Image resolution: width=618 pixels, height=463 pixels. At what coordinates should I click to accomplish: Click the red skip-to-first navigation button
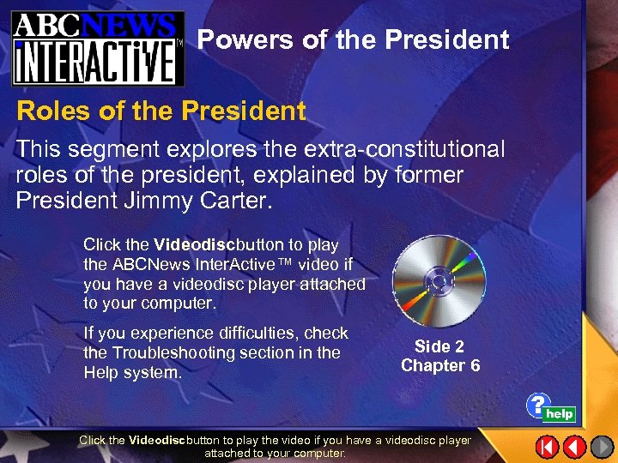(547, 446)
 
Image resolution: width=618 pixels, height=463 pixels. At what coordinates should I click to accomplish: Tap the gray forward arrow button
(601, 446)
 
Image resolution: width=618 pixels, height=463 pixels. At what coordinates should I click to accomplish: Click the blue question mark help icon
(538, 405)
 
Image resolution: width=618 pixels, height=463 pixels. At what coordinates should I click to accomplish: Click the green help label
(560, 414)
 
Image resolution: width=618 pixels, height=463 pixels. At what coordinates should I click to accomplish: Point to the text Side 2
(439, 346)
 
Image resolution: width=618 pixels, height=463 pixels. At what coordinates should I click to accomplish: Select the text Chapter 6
(439, 366)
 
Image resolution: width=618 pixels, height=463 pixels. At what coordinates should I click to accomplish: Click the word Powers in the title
(239, 39)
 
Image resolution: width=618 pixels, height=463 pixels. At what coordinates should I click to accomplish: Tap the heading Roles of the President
(161, 111)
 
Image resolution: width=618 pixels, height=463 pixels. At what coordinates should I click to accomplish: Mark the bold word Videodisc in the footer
(156, 440)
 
